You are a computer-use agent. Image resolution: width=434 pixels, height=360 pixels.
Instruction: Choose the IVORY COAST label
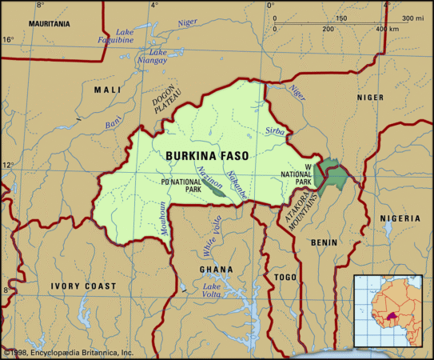83,286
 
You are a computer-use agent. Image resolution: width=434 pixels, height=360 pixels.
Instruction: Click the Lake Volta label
212,292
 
